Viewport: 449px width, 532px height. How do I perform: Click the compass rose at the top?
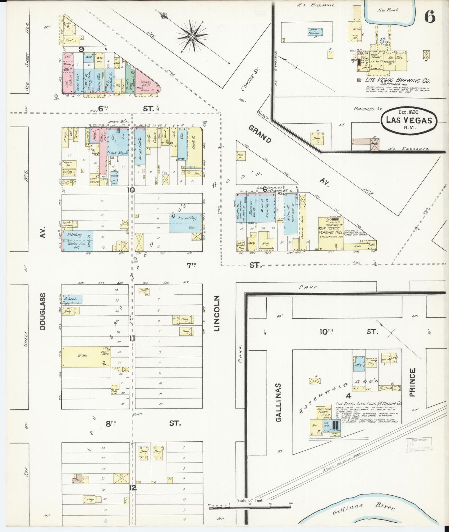pos(192,37)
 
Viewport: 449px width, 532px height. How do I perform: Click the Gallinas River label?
pos(363,508)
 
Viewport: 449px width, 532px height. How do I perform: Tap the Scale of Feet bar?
pos(250,505)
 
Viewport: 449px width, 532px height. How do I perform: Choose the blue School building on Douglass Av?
pos(72,299)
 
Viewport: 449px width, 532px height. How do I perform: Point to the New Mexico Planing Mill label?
pos(330,230)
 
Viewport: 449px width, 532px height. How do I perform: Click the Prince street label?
pos(412,382)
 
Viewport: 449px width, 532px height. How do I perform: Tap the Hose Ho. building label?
pos(241,156)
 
